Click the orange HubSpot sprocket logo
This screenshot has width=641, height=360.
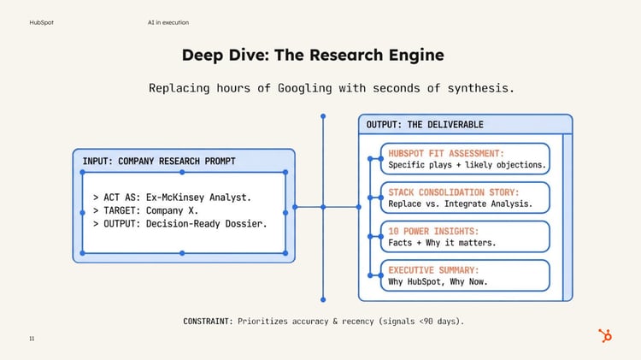pyautogui.click(x=605, y=335)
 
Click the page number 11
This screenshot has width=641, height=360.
pyautogui.click(x=32, y=339)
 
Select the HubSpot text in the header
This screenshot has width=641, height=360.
pyautogui.click(x=41, y=22)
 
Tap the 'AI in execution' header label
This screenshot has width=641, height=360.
pyautogui.click(x=168, y=22)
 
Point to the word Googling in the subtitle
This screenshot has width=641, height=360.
pyautogui.click(x=304, y=88)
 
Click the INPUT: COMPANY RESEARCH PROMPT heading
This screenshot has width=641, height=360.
pyautogui.click(x=159, y=161)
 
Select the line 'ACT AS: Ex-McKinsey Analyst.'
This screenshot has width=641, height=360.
pyautogui.click(x=172, y=198)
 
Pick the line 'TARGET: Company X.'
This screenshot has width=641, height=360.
pyautogui.click(x=145, y=210)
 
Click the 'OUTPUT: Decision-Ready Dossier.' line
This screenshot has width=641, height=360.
pyautogui.click(x=179, y=224)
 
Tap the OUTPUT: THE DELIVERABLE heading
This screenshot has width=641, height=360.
pyautogui.click(x=425, y=125)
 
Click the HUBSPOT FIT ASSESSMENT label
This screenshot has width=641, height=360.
pyautogui.click(x=446, y=154)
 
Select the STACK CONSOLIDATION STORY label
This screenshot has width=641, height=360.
pyautogui.click(x=453, y=192)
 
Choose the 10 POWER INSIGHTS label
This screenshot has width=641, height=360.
pyautogui.click(x=433, y=232)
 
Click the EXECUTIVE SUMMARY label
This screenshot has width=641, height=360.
pyautogui.click(x=433, y=270)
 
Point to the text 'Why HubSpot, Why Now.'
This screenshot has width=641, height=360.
pyautogui.click(x=438, y=282)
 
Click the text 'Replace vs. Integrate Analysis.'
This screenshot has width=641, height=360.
pyautogui.click(x=461, y=204)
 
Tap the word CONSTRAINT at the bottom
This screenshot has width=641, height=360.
pyautogui.click(x=208, y=322)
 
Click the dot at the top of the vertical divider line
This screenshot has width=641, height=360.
pyautogui.click(x=323, y=116)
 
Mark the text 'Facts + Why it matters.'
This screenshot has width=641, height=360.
pyautogui.click(x=442, y=243)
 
